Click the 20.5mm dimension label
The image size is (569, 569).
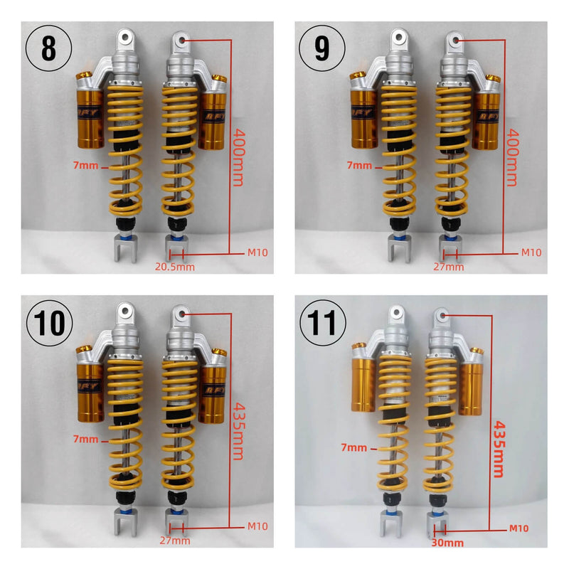(175, 267)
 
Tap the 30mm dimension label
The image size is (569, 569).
(448, 543)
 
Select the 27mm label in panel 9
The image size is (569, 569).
(449, 267)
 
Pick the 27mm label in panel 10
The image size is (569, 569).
(175, 541)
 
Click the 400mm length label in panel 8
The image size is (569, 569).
(238, 156)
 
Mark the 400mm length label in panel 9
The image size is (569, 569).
(511, 156)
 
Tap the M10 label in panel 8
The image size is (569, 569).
(258, 252)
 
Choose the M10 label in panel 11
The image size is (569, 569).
(519, 528)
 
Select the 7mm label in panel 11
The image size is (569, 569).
(353, 448)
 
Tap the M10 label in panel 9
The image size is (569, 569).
(531, 252)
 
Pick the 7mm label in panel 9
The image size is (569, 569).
(360, 166)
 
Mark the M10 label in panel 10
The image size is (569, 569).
(258, 526)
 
